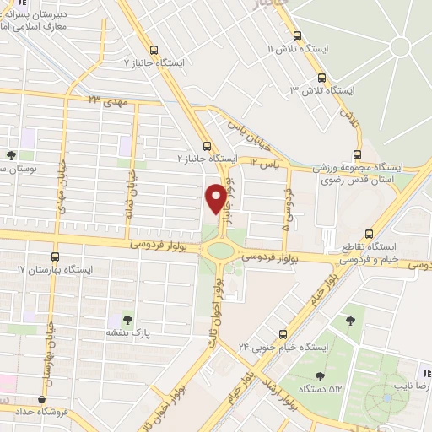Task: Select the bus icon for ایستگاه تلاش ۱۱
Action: click(296, 35)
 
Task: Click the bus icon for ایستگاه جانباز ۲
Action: click(208, 144)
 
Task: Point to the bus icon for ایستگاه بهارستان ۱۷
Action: click(56, 256)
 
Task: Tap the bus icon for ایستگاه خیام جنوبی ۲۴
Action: click(283, 333)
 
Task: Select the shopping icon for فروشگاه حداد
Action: click(41, 401)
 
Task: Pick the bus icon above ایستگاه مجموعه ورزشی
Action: click(358, 154)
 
